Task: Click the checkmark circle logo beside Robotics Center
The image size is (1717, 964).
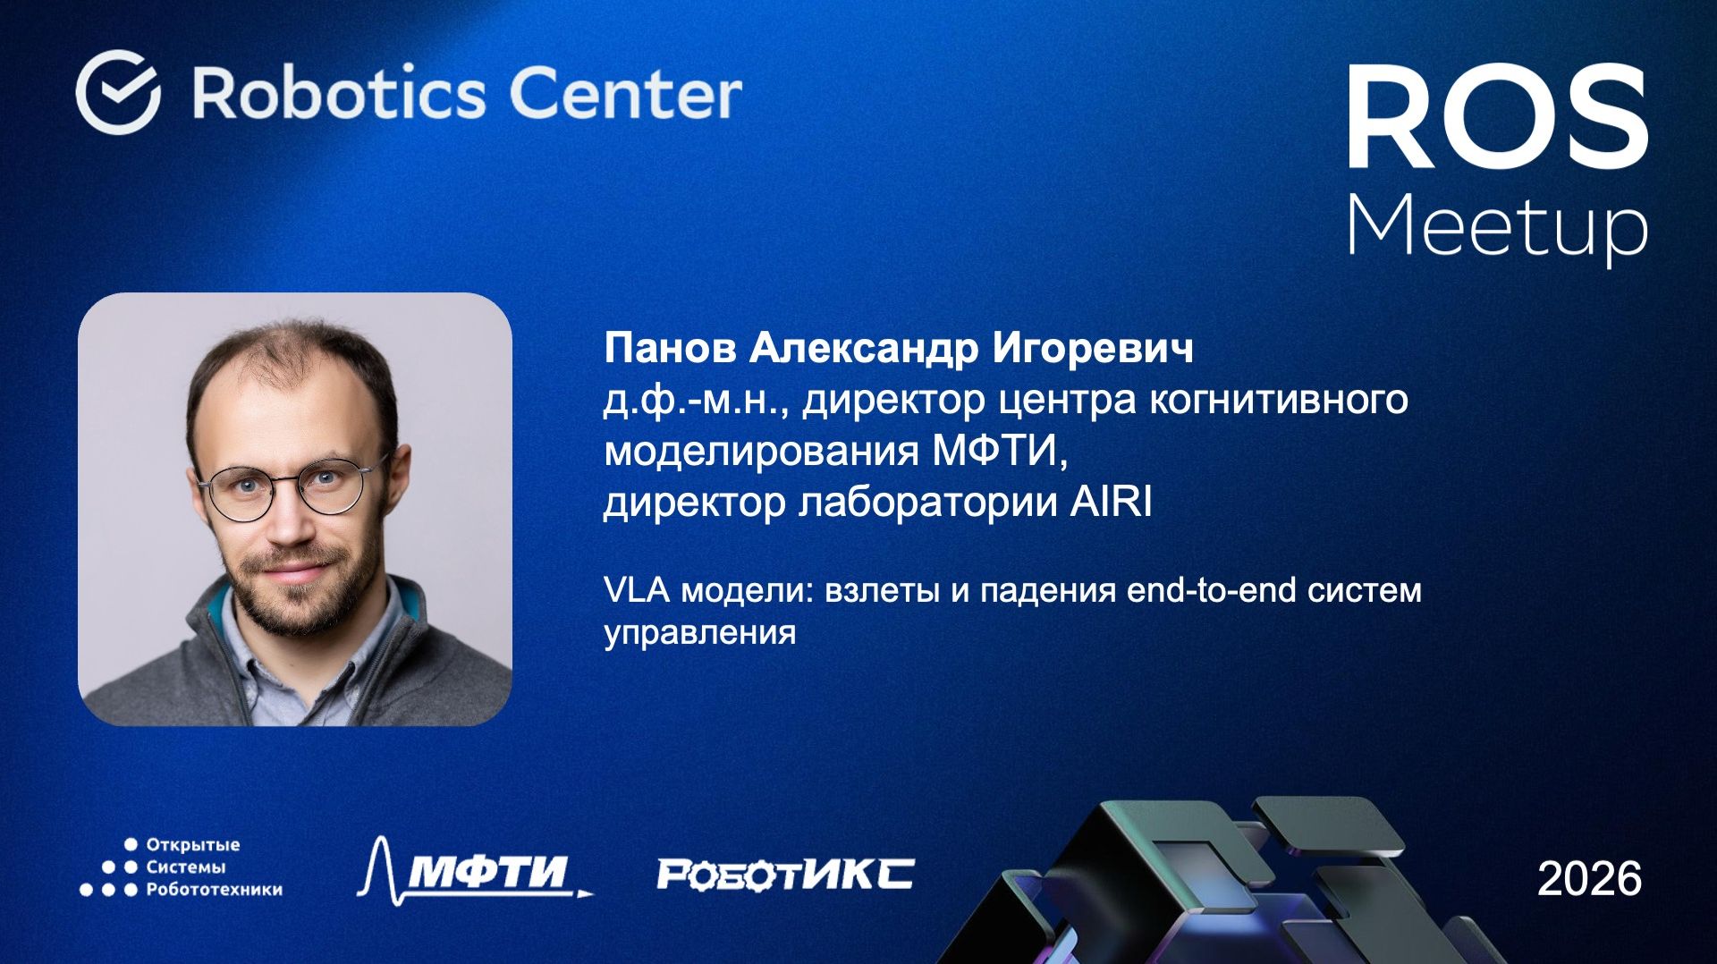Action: (118, 92)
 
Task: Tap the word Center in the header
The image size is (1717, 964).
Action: (625, 93)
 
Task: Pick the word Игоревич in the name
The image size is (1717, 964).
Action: (1093, 348)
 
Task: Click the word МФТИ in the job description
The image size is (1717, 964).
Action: (999, 451)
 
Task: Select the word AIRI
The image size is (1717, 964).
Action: (1111, 503)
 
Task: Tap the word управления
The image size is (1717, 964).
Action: (699, 632)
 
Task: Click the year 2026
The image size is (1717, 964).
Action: (1589, 879)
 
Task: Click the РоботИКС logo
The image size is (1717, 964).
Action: (785, 874)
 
